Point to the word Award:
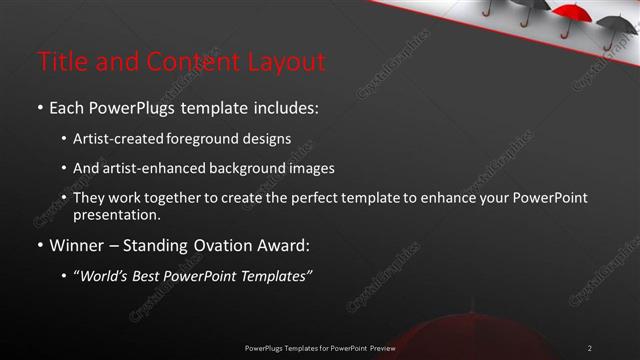tap(283, 246)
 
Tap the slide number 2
tap(590, 347)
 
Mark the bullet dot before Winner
tap(40, 246)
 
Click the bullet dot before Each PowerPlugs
tap(40, 106)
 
